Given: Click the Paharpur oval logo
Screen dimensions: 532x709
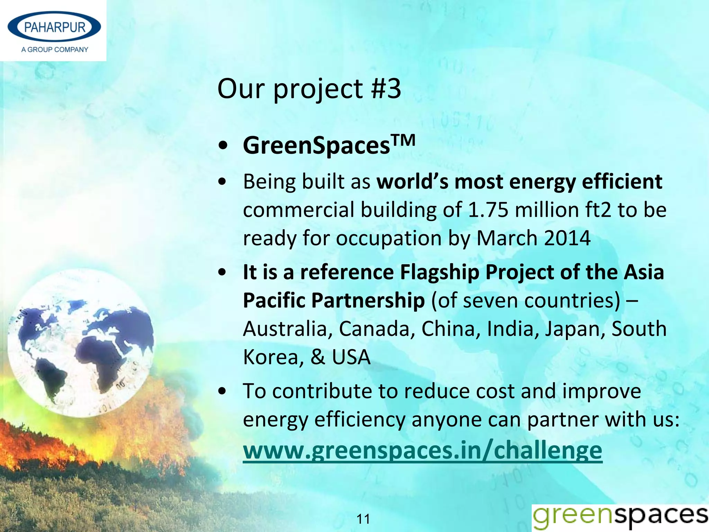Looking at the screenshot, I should coord(54,27).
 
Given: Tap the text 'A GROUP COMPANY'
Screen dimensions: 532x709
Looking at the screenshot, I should coord(55,50).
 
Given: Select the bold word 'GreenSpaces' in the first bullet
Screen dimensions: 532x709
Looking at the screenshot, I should coord(316,146).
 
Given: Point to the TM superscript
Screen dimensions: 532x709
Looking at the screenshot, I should coord(403,140).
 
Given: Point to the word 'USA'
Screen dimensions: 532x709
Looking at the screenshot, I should coord(351,357).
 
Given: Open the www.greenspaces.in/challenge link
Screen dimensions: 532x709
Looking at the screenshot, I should coord(422,451).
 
